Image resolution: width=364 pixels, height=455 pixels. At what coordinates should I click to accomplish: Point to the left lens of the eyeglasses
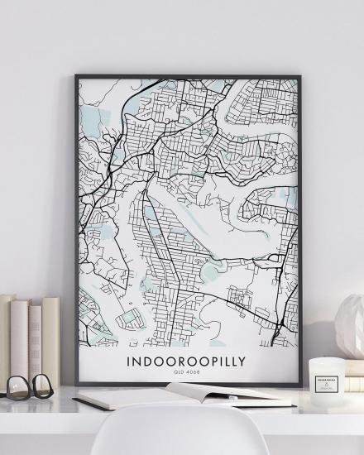pyautogui.click(x=17, y=387)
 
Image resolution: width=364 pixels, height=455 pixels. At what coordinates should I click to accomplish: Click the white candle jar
pyautogui.click(x=325, y=376)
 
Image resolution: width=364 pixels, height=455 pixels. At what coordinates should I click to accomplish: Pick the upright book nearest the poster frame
pyautogui.click(x=51, y=339)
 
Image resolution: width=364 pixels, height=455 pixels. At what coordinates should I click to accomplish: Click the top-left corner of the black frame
pyautogui.click(x=76, y=77)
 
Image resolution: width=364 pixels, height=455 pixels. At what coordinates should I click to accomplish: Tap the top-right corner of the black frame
pyautogui.click(x=299, y=77)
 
